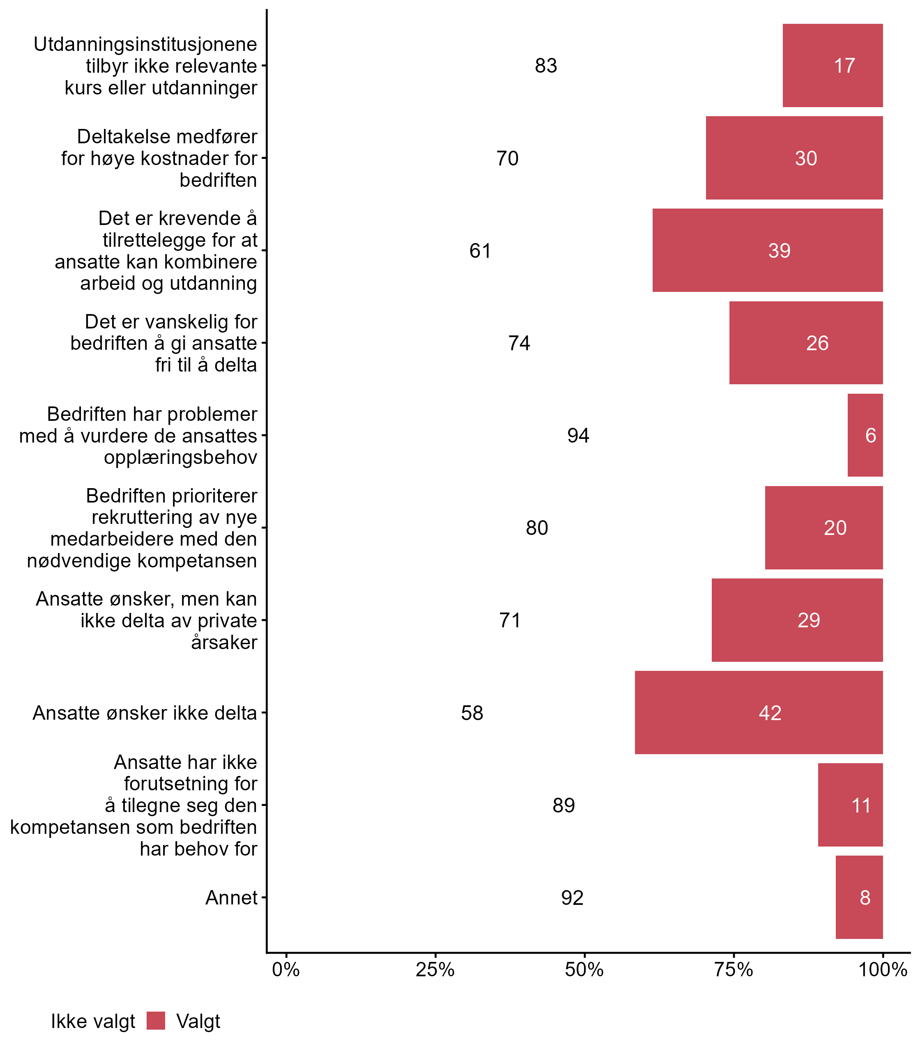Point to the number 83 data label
point(546,66)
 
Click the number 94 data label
point(578,435)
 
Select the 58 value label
point(472,713)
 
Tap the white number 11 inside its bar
point(861,805)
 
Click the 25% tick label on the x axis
point(435,969)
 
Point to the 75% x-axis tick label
point(734,969)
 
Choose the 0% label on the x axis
point(286,969)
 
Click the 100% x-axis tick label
point(883,969)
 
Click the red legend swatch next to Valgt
point(156,1020)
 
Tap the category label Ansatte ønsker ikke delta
point(145,713)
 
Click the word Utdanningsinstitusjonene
point(145,44)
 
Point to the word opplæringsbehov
point(180,457)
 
